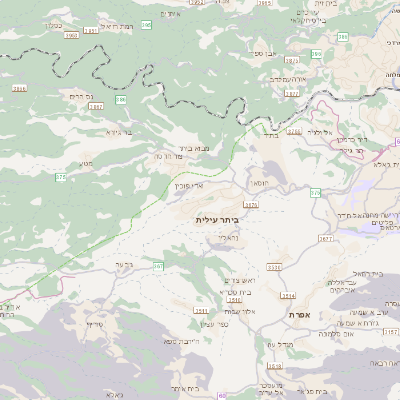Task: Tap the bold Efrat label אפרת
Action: (300, 314)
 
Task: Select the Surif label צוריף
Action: (95, 325)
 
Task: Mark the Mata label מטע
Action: (87, 164)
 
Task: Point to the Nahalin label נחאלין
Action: (229, 237)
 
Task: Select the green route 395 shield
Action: (147, 24)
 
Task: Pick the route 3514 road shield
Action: (288, 296)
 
